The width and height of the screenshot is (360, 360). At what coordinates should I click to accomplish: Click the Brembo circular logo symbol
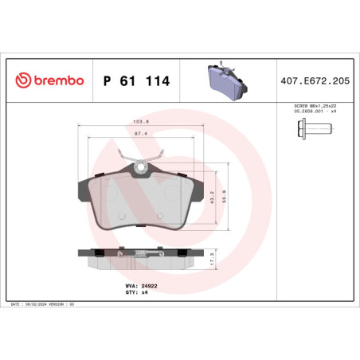(x=24, y=80)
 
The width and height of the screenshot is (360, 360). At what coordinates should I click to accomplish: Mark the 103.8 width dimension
(x=140, y=123)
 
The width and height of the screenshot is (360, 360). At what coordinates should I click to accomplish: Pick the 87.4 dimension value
(x=140, y=134)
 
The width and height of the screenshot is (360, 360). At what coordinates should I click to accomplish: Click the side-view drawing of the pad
(x=140, y=256)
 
